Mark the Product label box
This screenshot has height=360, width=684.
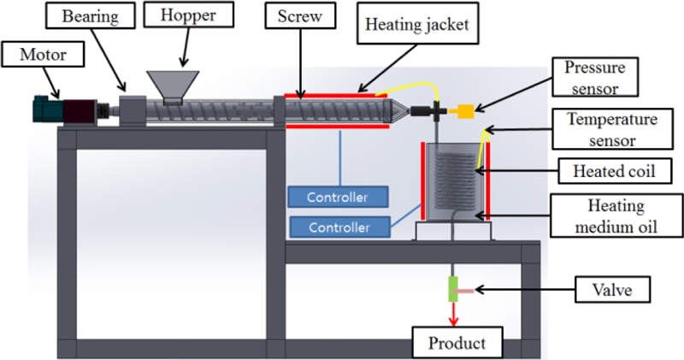(x=457, y=344)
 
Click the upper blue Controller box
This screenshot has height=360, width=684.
(x=338, y=198)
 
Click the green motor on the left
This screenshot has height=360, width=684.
(x=42, y=109)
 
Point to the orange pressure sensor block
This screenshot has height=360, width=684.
(x=467, y=109)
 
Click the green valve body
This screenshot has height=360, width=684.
(x=453, y=290)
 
